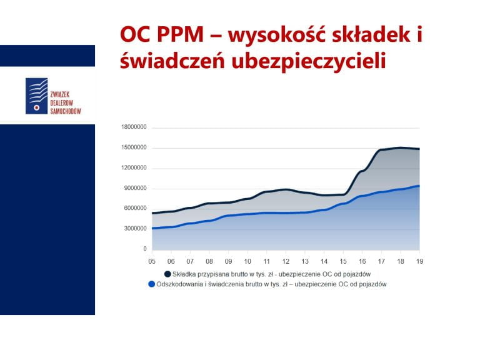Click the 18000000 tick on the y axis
point(134,127)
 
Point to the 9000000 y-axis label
point(135,188)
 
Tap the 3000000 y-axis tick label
point(135,229)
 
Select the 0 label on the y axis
point(145,249)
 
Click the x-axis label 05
point(152,261)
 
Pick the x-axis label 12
point(286,261)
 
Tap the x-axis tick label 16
point(362,261)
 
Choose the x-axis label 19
point(419,261)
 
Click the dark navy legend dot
point(167,274)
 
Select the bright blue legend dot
point(151,284)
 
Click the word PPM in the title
point(180,34)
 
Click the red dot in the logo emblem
point(37,107)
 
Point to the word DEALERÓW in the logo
point(61,103)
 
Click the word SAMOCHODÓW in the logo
point(66,111)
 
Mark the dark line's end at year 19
point(419,149)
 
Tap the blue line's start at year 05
point(152,228)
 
